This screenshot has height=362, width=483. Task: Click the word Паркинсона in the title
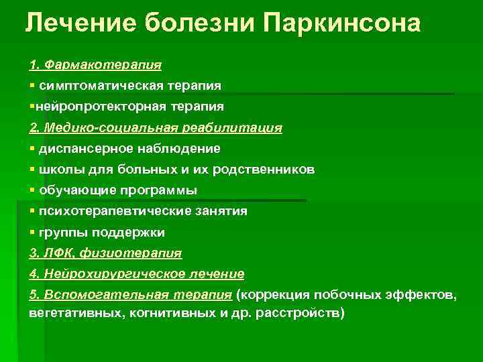tap(342, 23)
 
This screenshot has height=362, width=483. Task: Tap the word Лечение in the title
tap(80, 23)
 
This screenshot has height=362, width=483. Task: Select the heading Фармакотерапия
tap(103, 65)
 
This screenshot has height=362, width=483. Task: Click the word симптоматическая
tap(101, 86)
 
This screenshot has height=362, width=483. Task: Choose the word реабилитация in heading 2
tap(232, 128)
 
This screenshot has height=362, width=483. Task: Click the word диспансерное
tap(86, 149)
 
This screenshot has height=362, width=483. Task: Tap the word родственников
tap(264, 170)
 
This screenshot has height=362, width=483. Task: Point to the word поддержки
tap(128, 233)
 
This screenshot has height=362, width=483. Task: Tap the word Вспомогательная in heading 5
tap(106, 295)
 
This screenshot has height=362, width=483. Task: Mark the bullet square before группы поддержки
tap(32, 231)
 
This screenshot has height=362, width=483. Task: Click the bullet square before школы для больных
tap(32, 169)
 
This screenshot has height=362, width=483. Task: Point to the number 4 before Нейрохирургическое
tap(33, 274)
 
